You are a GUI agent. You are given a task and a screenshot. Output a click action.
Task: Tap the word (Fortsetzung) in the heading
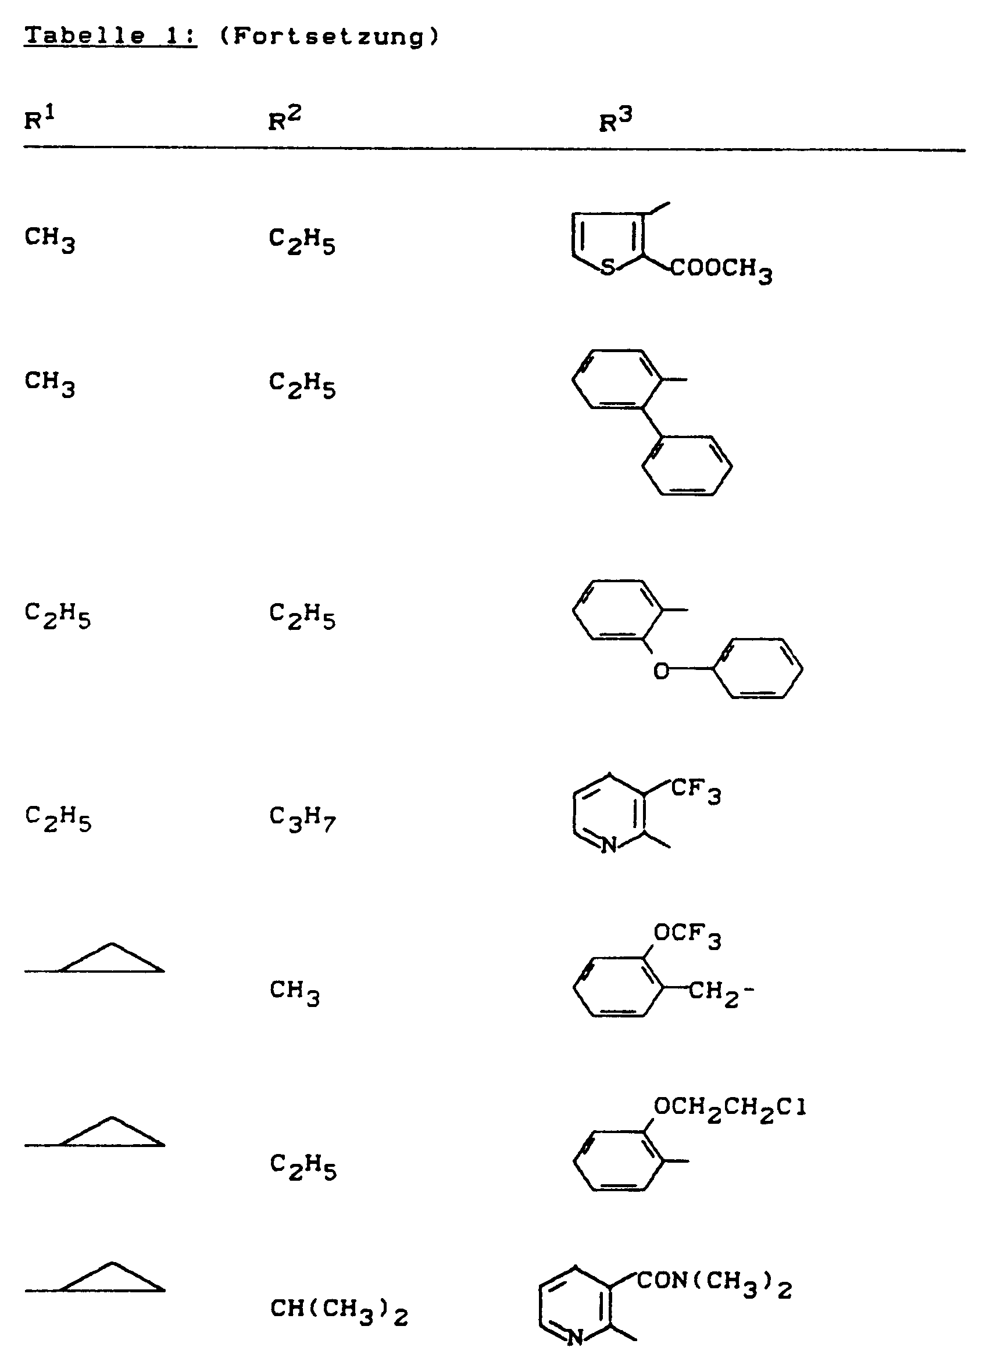pos(329,37)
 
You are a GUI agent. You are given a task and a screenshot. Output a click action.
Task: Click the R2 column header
pos(284,119)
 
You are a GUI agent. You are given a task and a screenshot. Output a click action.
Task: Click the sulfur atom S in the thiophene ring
pos(608,266)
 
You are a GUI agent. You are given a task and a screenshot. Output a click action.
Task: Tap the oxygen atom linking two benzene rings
pos(661,671)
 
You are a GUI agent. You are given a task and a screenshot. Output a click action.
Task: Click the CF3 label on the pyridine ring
pos(695,790)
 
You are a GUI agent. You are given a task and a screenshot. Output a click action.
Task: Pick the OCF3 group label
pos(687,935)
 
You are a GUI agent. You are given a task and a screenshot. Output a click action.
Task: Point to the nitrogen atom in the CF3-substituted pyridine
pos(609,845)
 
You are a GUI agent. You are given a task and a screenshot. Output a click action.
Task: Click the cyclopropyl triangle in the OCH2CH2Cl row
pos(112,1133)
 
